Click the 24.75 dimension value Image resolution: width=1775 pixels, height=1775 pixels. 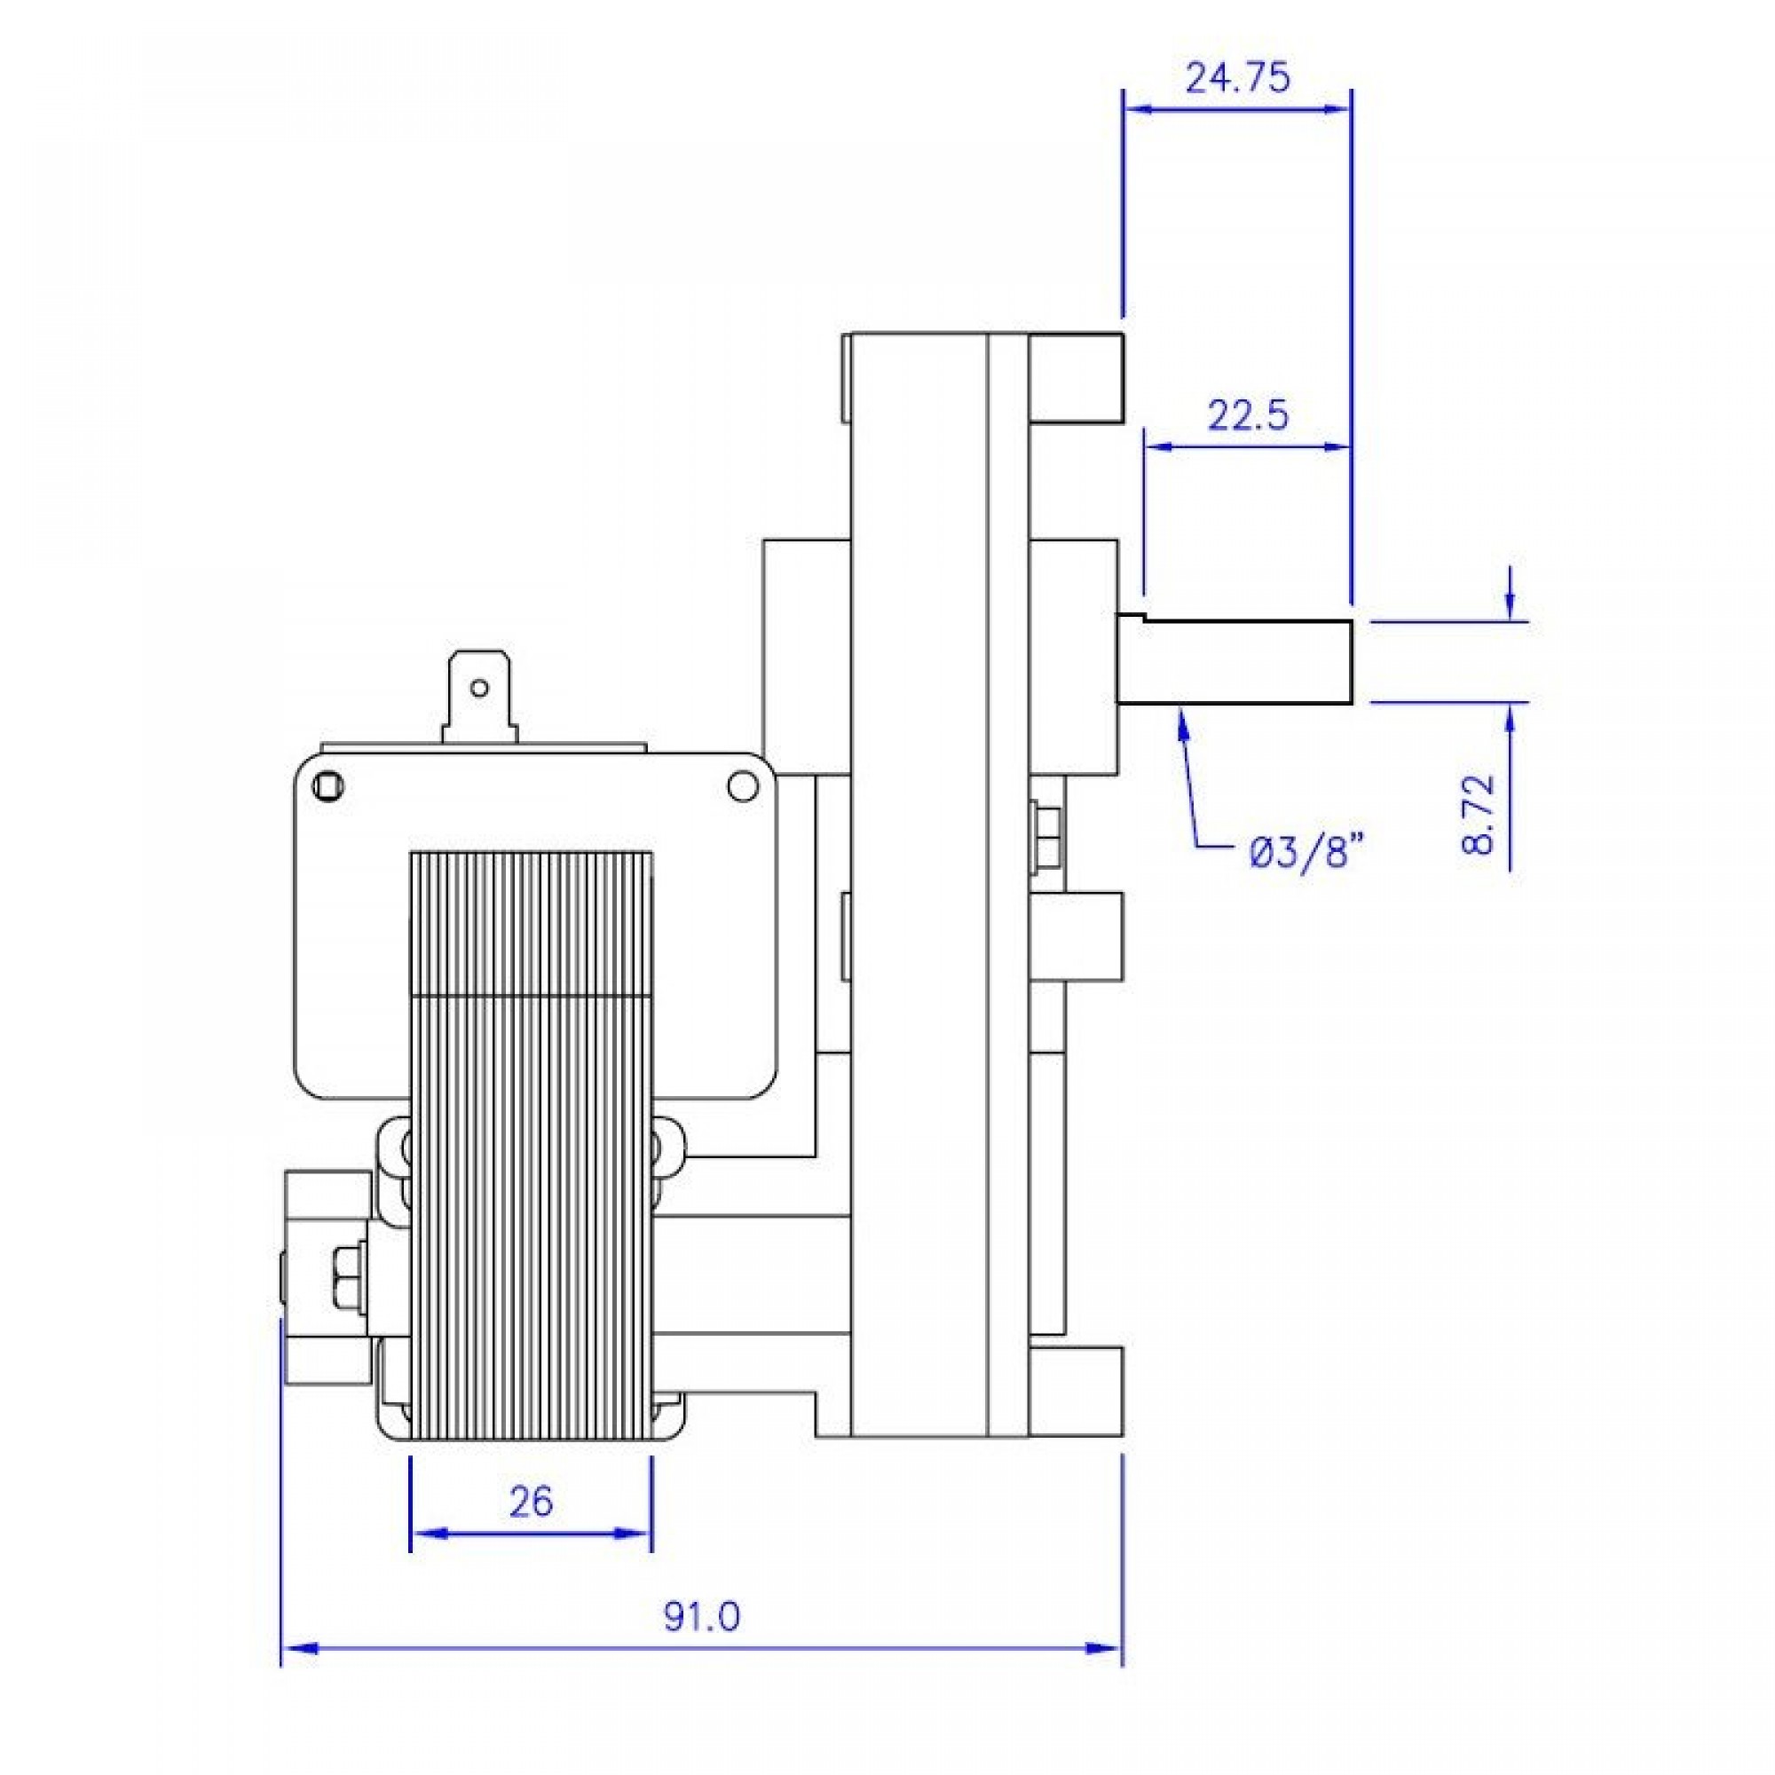[x=1237, y=78]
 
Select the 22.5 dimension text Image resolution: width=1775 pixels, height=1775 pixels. [x=1248, y=416]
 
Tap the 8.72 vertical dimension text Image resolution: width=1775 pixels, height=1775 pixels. [x=1479, y=815]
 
